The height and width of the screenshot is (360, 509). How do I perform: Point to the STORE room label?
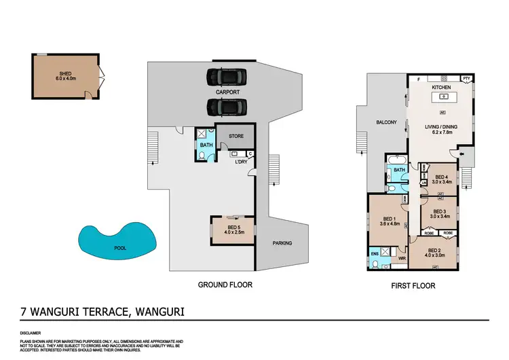click(235, 137)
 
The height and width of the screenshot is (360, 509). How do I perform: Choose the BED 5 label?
click(231, 219)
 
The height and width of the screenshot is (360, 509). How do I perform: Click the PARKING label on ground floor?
click(282, 243)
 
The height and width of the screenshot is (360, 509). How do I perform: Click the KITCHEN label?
click(442, 88)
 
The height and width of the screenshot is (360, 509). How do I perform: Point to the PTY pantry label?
click(466, 79)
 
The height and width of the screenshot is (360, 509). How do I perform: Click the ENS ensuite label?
click(374, 253)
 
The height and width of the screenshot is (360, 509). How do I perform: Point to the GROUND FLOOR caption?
click(225, 285)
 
